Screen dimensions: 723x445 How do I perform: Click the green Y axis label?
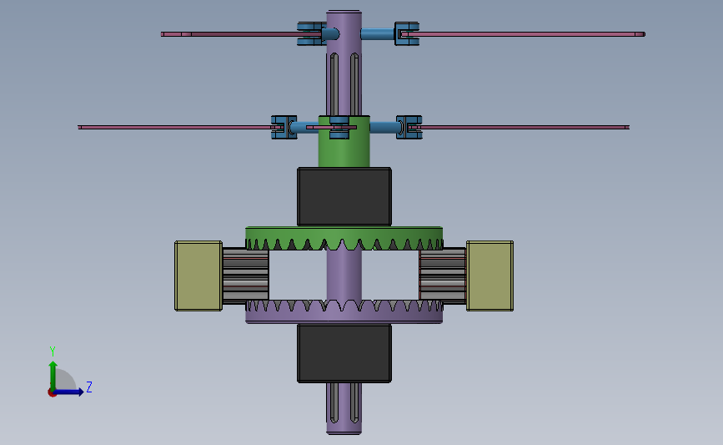tap(53, 351)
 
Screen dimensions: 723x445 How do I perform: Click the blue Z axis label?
tap(89, 387)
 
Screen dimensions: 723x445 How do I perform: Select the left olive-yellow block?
tap(198, 276)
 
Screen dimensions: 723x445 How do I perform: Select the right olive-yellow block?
tap(490, 276)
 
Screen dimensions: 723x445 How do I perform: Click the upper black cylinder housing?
tap(344, 197)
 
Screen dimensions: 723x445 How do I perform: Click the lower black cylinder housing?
tap(344, 353)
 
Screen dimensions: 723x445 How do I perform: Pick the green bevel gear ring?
tap(344, 238)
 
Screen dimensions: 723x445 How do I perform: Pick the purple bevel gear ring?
tap(344, 311)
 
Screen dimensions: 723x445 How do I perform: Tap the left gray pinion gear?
tap(245, 276)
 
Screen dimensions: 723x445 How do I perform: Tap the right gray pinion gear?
tap(443, 276)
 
